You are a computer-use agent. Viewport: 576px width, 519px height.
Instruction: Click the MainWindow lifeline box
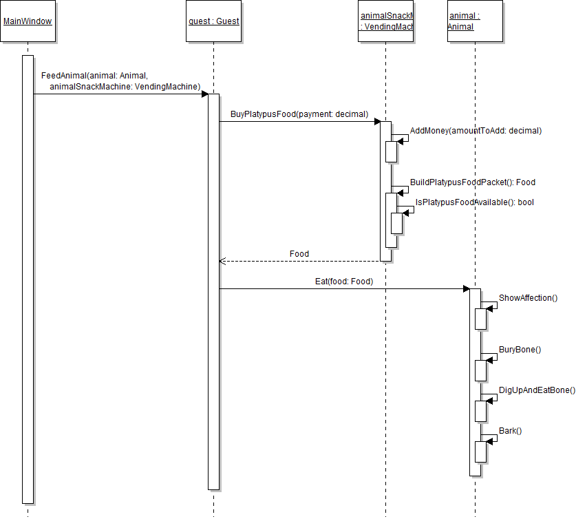(x=28, y=21)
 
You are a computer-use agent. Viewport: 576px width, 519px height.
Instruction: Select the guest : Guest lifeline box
(x=213, y=21)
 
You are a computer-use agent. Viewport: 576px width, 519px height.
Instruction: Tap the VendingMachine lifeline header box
(x=385, y=21)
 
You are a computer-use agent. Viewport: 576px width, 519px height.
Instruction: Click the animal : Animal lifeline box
(x=475, y=21)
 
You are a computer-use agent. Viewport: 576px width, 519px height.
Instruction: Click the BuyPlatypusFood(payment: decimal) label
(x=299, y=114)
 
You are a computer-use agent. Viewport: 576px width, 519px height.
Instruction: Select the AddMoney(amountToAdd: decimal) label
(x=476, y=130)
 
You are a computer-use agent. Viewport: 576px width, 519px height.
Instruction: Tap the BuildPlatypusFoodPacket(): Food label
(x=472, y=182)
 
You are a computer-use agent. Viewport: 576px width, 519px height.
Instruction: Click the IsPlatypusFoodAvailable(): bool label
(x=474, y=202)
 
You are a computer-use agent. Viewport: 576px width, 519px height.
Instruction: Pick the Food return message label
(x=299, y=254)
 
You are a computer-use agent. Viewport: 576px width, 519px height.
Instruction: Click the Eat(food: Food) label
(x=343, y=281)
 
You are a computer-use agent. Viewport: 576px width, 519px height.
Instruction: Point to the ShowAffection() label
(x=528, y=298)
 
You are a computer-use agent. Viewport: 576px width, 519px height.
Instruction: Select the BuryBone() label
(x=520, y=350)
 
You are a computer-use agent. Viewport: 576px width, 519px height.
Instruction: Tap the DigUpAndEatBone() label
(x=537, y=390)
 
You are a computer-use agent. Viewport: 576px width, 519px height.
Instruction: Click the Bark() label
(x=510, y=431)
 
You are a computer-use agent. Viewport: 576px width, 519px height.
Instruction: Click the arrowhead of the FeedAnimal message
(x=204, y=94)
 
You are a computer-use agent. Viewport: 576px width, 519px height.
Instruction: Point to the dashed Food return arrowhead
(x=222, y=261)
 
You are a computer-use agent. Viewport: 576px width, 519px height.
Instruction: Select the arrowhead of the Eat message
(x=466, y=288)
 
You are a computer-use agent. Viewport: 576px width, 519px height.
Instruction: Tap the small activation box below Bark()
(x=480, y=452)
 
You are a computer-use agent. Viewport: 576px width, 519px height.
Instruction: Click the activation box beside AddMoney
(x=391, y=151)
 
